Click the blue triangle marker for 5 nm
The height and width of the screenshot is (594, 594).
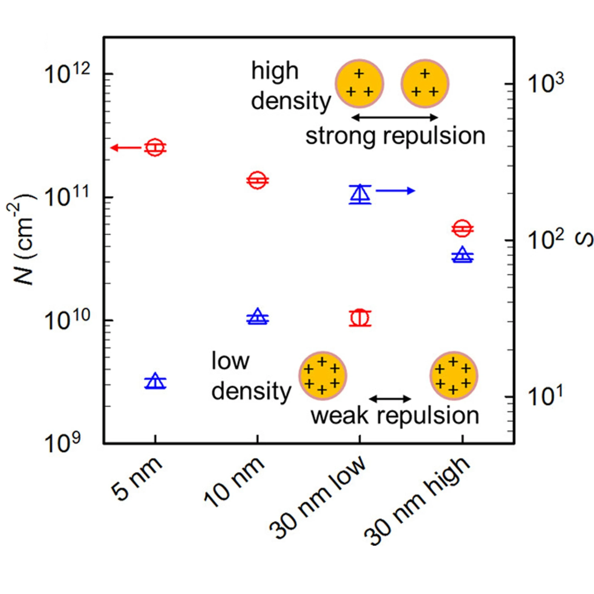pyautogui.click(x=155, y=381)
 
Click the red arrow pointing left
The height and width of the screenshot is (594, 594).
pyautogui.click(x=126, y=148)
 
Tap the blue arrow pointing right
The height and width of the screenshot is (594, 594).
pyautogui.click(x=395, y=191)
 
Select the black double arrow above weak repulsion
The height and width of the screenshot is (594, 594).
pyautogui.click(x=390, y=399)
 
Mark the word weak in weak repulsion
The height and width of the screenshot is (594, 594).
pyautogui.click(x=340, y=416)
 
